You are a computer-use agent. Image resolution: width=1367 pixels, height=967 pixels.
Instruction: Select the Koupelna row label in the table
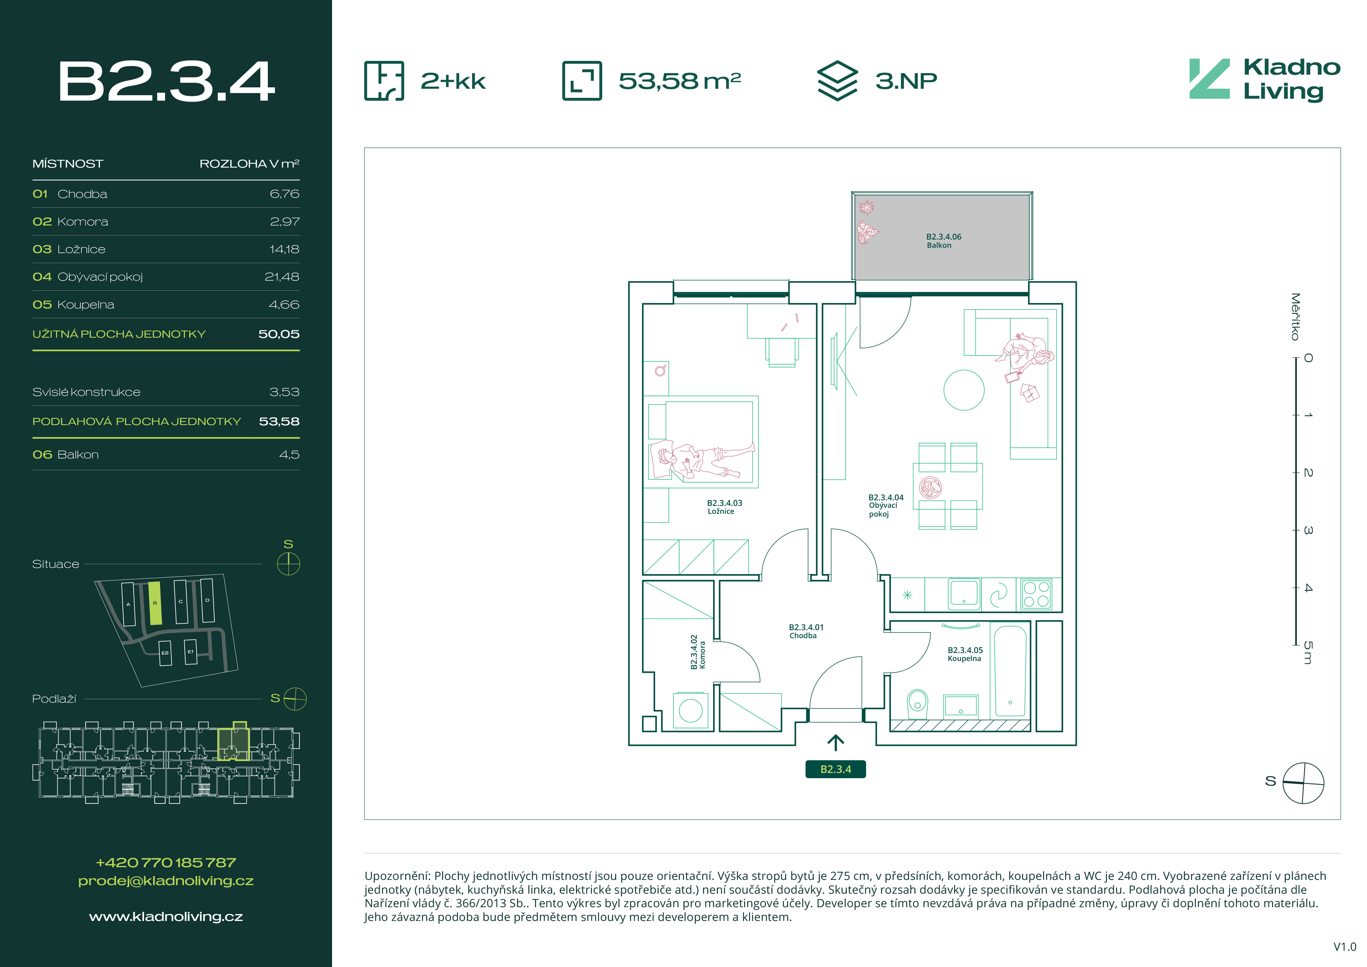pyautogui.click(x=86, y=304)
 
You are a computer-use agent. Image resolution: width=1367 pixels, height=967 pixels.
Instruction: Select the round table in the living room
pyautogui.click(x=963, y=390)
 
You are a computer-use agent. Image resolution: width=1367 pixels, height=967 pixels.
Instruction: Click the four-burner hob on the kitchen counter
pyautogui.click(x=1036, y=594)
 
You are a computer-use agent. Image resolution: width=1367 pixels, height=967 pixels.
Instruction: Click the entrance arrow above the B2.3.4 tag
pyautogui.click(x=835, y=743)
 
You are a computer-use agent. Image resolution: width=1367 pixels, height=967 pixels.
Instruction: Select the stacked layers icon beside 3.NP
pyautogui.click(x=837, y=80)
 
